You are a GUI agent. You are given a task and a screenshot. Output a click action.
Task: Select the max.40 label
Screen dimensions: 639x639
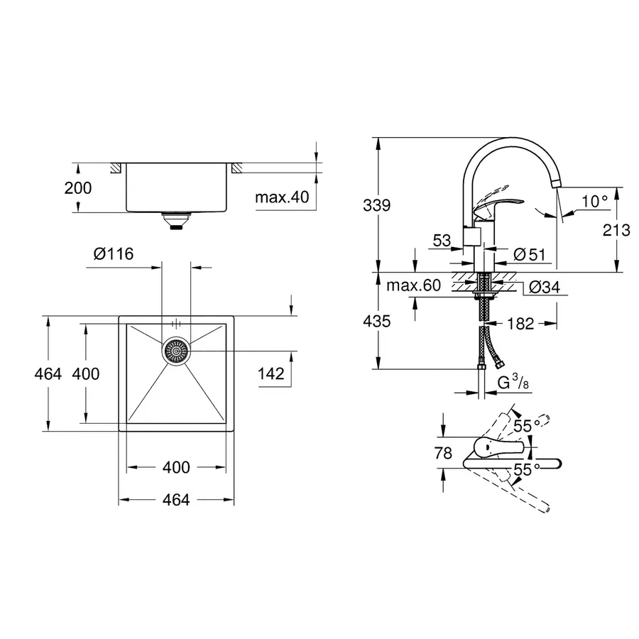[x=283, y=197]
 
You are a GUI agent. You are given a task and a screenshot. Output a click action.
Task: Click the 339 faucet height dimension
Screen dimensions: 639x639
[x=377, y=206]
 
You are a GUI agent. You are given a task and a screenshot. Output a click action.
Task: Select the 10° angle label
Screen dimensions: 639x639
[x=594, y=201]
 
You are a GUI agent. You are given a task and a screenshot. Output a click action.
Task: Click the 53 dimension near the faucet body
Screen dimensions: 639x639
[x=442, y=241]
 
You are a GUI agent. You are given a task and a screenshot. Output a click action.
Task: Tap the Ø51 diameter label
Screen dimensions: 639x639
[x=528, y=253]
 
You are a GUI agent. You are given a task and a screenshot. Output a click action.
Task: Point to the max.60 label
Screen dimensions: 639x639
[x=414, y=286]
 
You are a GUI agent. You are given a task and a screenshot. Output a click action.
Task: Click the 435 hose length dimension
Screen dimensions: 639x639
[x=377, y=321]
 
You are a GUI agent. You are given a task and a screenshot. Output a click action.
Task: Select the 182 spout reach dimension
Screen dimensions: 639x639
[x=519, y=323]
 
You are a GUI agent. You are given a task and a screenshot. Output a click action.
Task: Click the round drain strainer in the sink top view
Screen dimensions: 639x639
[x=176, y=351]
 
